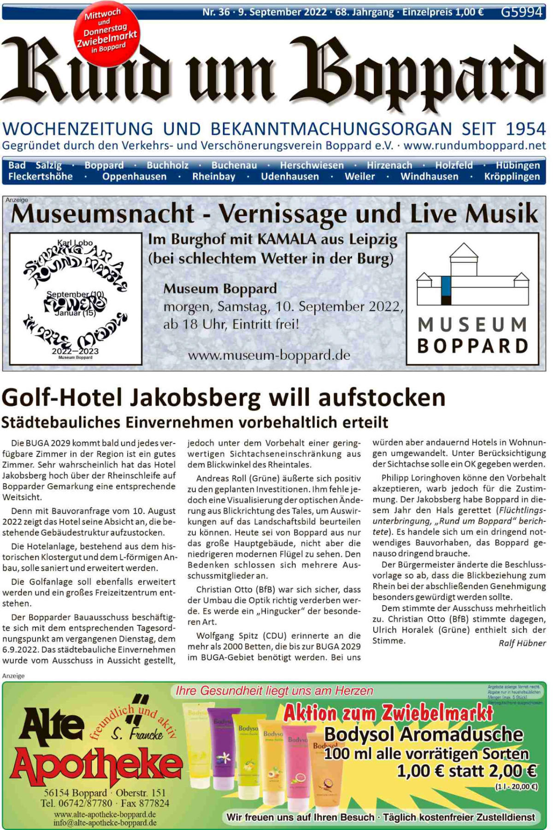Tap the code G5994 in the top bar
click(x=521, y=12)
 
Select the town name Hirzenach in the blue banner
click(x=389, y=165)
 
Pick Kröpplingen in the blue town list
click(x=512, y=177)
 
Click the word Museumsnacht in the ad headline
click(x=102, y=214)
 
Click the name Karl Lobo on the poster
click(x=75, y=243)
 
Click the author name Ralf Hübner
click(x=522, y=643)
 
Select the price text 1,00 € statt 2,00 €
click(x=466, y=771)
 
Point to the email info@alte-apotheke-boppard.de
click(x=105, y=823)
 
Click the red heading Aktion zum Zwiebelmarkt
click(x=388, y=713)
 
